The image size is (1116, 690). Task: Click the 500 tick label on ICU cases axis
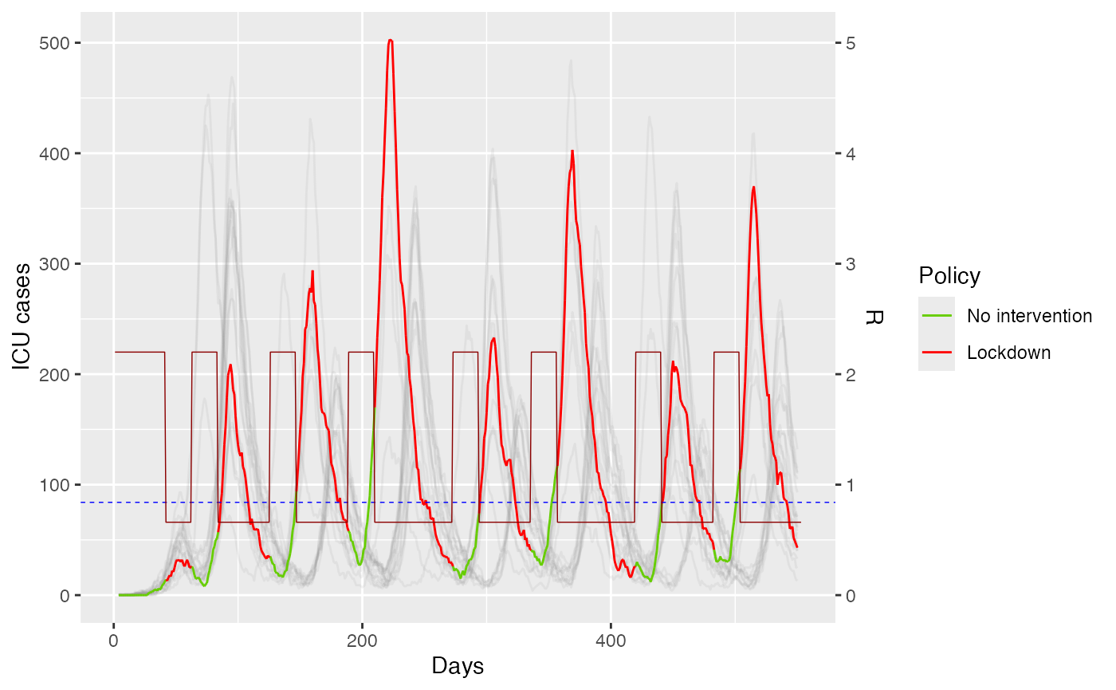pyautogui.click(x=53, y=43)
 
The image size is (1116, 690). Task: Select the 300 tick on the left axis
pyautogui.click(x=53, y=264)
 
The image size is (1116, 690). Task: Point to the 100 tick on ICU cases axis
pyautogui.click(x=53, y=485)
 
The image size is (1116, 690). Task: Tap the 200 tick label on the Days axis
pyautogui.click(x=362, y=641)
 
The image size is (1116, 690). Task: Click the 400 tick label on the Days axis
pyautogui.click(x=611, y=641)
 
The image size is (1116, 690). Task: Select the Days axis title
pyautogui.click(x=458, y=666)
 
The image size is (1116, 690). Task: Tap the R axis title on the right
pyautogui.click(x=874, y=317)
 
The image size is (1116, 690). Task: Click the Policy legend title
pyautogui.click(x=949, y=276)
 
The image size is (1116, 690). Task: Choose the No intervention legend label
pyautogui.click(x=1029, y=316)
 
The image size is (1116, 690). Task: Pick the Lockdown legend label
pyautogui.click(x=1008, y=353)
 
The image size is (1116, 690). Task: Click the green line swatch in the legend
pyautogui.click(x=937, y=316)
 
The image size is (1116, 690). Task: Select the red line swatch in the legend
pyautogui.click(x=937, y=353)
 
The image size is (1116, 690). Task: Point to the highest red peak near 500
pyautogui.click(x=391, y=40)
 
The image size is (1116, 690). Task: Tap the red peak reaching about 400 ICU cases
pyautogui.click(x=572, y=152)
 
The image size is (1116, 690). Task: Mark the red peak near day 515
pyautogui.click(x=753, y=187)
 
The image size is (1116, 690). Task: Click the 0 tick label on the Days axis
pyautogui.click(x=113, y=641)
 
